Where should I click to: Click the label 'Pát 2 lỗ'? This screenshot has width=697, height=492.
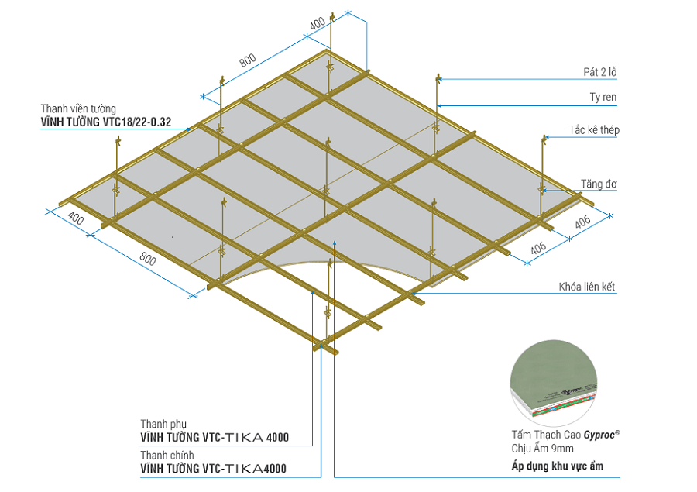(x=600, y=72)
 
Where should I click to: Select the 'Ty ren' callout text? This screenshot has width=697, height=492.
(x=603, y=98)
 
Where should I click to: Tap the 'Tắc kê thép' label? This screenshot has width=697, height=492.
(x=594, y=130)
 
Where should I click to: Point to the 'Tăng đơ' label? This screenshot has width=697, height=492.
(x=599, y=184)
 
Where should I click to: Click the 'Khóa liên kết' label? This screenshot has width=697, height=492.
(x=586, y=287)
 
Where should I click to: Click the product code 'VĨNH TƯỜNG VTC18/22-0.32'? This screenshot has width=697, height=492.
(x=106, y=122)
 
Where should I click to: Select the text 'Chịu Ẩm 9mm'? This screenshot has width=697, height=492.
(x=542, y=449)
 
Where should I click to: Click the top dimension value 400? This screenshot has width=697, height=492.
(x=318, y=24)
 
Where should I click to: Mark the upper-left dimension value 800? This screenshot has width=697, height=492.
(x=248, y=61)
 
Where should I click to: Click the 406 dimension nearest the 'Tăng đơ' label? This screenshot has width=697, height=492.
(x=582, y=222)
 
